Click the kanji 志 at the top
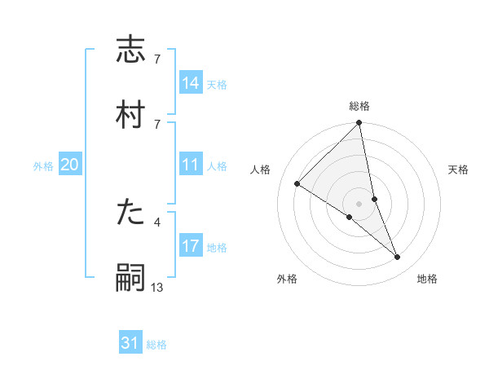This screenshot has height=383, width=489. pyautogui.click(x=131, y=51)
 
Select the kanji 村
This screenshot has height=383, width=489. pyautogui.click(x=131, y=113)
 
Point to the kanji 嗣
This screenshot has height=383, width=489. pyautogui.click(x=131, y=277)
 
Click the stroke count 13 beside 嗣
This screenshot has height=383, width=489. pyautogui.click(x=157, y=287)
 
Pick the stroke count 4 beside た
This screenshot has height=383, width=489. pyautogui.click(x=157, y=221)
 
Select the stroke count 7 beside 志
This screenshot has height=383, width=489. pyautogui.click(x=157, y=60)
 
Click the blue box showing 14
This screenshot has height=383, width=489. pyautogui.click(x=191, y=83)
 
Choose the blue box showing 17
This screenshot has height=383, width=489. pyautogui.click(x=191, y=247)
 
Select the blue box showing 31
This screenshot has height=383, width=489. pyautogui.click(x=130, y=344)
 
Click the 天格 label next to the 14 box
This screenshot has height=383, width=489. pyautogui.click(x=217, y=84)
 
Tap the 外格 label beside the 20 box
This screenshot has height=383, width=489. pyautogui.click(x=43, y=166)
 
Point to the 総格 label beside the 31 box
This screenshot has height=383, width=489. pyautogui.click(x=156, y=345)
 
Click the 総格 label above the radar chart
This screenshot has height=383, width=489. pyautogui.click(x=359, y=106)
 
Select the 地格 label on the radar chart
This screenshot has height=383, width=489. pyautogui.click(x=427, y=280)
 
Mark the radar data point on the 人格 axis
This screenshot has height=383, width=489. pyautogui.click(x=297, y=184)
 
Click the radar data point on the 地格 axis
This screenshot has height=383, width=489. pyautogui.click(x=398, y=258)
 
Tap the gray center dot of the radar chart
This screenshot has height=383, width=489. pyautogui.click(x=359, y=203)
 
